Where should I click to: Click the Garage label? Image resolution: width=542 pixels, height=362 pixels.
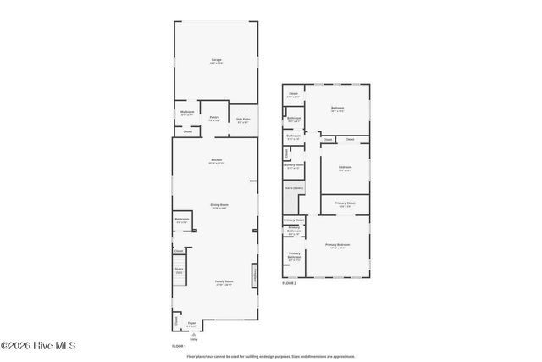click(217, 61)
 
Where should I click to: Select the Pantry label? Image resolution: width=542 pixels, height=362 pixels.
click(214, 119)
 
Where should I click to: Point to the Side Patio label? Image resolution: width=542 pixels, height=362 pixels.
click(242, 120)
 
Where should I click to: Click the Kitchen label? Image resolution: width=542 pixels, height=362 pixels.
click(217, 162)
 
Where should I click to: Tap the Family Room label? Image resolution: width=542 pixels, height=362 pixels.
click(224, 284)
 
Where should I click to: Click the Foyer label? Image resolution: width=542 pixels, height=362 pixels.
click(191, 323)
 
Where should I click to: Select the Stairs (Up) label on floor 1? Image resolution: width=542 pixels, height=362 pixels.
click(180, 271)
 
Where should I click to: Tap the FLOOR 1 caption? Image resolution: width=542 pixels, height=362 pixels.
click(179, 347)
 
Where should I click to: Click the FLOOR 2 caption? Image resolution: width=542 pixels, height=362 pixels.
click(290, 283)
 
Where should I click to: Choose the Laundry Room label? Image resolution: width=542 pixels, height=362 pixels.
click(294, 165)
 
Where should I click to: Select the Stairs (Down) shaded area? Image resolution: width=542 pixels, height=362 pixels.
click(292, 201)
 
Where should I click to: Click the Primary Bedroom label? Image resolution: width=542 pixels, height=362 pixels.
click(337, 246)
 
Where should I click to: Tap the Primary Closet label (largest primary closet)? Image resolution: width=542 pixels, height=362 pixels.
click(345, 204)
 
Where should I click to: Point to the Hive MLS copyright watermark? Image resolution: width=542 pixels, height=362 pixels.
click(38, 346)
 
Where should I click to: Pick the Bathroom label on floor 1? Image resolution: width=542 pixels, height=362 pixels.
click(182, 221)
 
